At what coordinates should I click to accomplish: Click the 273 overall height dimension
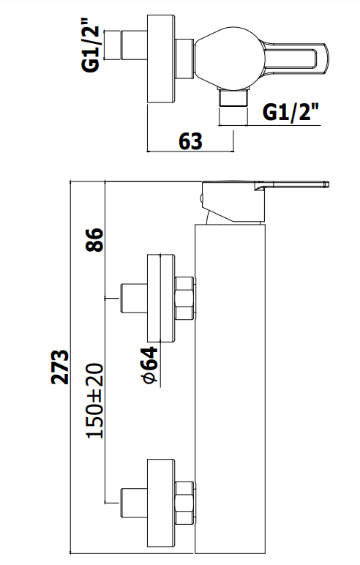point(59,367)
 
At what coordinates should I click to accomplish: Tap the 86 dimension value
point(94,239)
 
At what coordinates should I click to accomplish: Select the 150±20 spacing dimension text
point(95,400)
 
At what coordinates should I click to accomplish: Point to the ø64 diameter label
point(149,364)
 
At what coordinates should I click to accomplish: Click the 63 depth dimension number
point(191,141)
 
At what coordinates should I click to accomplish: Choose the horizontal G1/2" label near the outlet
point(290,112)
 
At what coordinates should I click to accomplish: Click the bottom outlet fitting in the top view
point(233,97)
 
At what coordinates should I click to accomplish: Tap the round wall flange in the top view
point(161,59)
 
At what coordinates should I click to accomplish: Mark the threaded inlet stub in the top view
point(134,45)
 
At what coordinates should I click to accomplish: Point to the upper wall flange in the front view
point(161,299)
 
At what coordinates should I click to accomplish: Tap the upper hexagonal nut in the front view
point(185,299)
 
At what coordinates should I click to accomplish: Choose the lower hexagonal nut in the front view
point(185,502)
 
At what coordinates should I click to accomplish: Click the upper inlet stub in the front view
point(134,299)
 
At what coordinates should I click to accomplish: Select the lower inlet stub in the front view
point(134,502)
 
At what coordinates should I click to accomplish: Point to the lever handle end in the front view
point(326,184)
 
